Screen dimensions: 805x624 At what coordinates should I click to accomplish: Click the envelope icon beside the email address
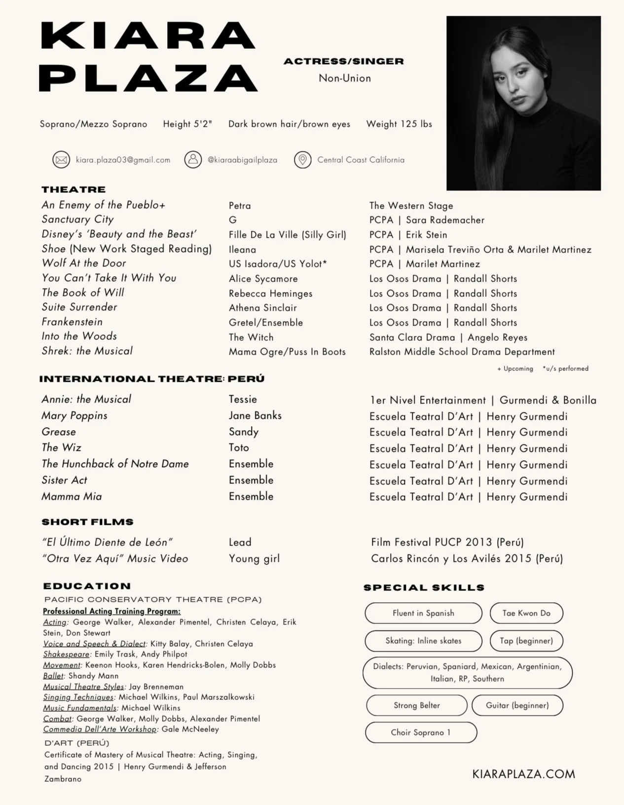point(61,160)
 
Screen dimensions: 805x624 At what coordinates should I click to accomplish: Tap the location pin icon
point(302,160)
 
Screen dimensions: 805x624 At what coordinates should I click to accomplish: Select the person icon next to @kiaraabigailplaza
point(193,160)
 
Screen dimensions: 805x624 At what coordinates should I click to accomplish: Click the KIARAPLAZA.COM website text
point(523,773)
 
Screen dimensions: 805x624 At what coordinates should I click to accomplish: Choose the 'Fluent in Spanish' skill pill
point(423,613)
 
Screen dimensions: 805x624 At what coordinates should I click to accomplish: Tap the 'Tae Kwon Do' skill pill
point(526,613)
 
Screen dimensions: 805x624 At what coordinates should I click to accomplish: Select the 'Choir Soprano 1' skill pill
point(421,732)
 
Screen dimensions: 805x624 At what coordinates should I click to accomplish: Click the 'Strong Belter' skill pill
point(416,705)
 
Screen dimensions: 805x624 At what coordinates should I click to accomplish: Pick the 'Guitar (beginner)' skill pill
point(517,705)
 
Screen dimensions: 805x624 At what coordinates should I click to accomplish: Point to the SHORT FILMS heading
point(87,522)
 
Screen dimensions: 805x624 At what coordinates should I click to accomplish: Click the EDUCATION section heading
point(87,586)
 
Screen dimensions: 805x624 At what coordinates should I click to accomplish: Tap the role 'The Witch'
point(251,337)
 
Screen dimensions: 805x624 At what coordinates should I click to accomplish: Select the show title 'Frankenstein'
point(72,322)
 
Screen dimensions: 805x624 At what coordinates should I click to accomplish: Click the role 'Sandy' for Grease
point(244,432)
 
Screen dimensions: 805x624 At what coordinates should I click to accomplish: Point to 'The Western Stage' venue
point(411,206)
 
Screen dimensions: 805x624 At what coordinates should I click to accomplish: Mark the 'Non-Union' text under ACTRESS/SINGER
point(344,78)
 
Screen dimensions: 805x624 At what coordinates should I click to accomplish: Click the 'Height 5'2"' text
point(187,124)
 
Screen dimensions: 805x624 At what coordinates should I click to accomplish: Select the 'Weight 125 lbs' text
point(399,124)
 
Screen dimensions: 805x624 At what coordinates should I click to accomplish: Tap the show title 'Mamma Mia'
point(72,497)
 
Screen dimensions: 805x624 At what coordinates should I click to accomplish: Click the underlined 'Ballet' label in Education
point(53,676)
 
